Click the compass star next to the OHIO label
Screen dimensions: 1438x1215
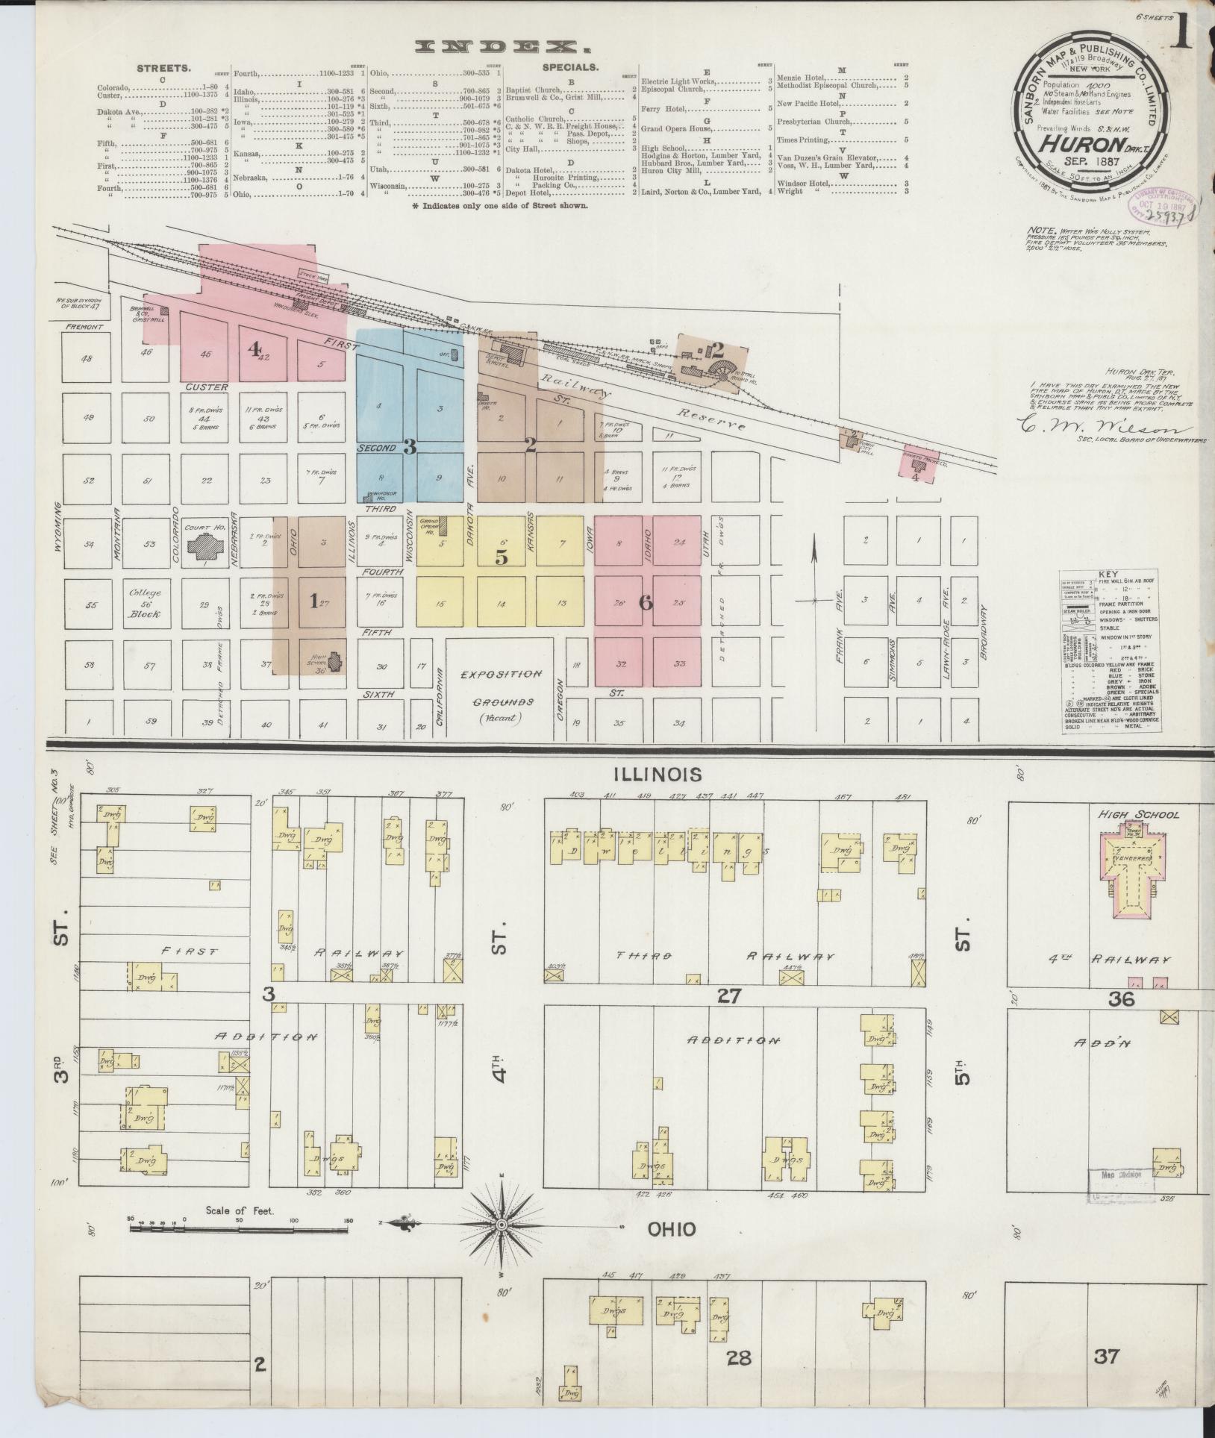pyautogui.click(x=502, y=1225)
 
